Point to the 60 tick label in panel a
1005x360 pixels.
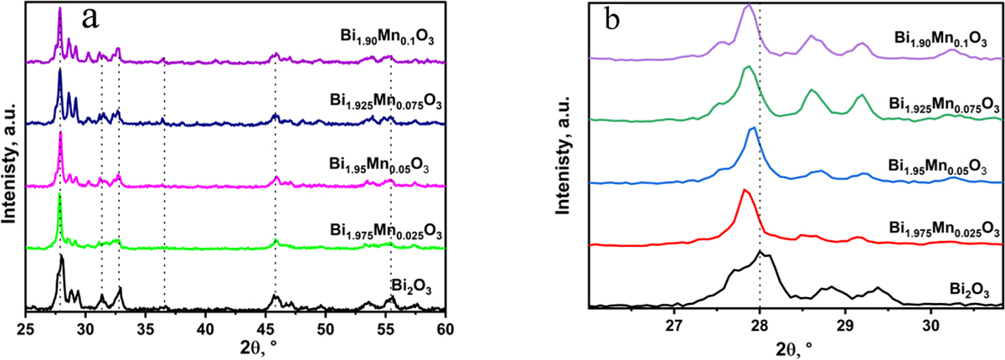coord(446,325)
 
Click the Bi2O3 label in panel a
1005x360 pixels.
coord(417,289)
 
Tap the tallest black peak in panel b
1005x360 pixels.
coord(760,251)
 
